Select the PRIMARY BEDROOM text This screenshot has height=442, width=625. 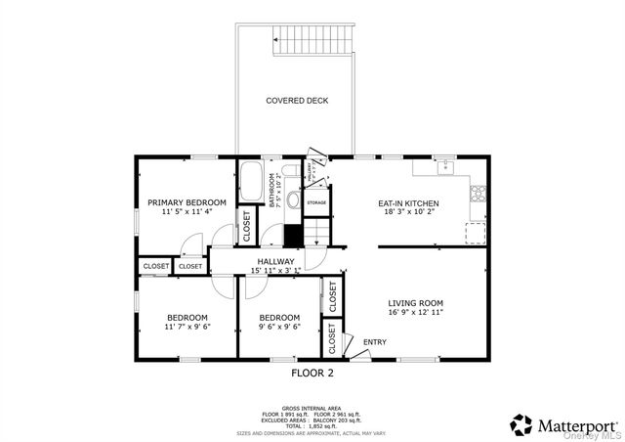pos(187,202)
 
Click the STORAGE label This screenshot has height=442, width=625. pos(316,202)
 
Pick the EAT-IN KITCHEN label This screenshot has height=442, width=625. pos(408,203)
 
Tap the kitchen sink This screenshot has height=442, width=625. pos(446,167)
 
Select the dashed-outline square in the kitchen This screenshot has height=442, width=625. pos(476,233)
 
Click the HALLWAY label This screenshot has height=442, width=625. pos(276,261)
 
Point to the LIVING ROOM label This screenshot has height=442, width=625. pos(415,303)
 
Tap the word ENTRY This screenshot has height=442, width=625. pos(375,342)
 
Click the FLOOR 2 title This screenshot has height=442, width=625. pos(313,373)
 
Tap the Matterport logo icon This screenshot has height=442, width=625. pos(522,424)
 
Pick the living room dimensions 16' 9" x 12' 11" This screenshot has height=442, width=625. pos(415,315)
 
